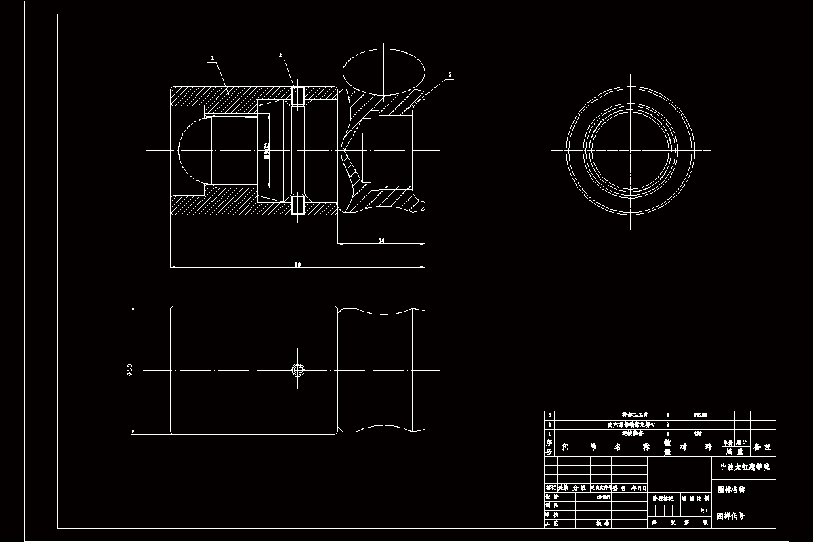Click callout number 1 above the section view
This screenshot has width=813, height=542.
point(212,59)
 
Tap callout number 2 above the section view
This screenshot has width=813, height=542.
point(280,55)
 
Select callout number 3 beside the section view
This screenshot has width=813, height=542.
point(450,75)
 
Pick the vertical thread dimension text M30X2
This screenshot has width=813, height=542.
point(267,150)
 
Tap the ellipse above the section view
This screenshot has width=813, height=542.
point(383,70)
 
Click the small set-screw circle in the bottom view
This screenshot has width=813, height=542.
point(297,369)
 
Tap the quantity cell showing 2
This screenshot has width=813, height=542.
point(668,423)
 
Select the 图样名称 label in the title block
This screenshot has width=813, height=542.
point(732,488)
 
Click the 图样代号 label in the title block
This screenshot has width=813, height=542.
point(732,516)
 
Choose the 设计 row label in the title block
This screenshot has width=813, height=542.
point(551,497)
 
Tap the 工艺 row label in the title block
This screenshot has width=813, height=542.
point(551,523)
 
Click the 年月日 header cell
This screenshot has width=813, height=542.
point(639,487)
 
